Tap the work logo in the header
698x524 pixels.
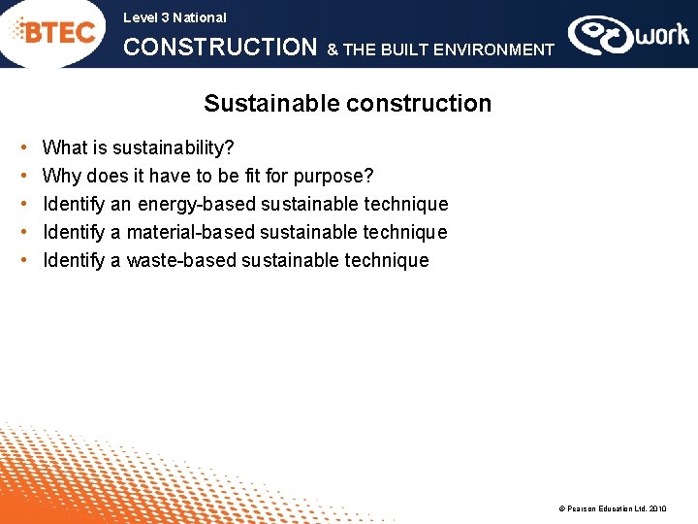(628, 36)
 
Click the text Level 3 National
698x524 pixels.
(174, 17)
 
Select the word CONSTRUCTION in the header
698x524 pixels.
(220, 48)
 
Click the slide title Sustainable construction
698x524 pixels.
(347, 104)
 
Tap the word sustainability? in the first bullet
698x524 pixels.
(174, 148)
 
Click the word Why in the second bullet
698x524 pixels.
(62, 177)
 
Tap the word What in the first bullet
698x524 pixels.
(65, 148)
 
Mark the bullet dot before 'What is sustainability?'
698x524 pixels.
(22, 149)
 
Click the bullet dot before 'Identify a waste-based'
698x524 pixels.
(22, 261)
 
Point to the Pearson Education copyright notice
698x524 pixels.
(612, 508)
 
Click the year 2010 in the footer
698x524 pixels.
(657, 508)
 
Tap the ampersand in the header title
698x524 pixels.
(333, 49)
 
